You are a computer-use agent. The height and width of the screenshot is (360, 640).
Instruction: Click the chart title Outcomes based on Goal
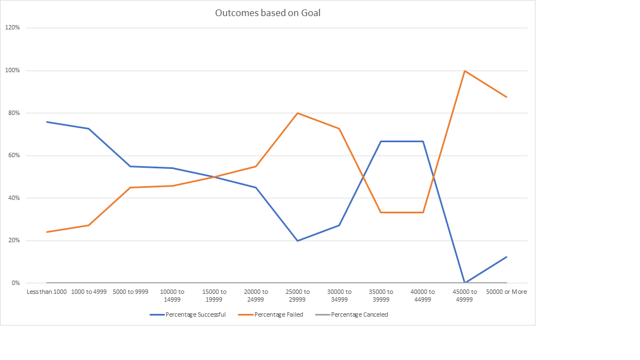pyautogui.click(x=267, y=13)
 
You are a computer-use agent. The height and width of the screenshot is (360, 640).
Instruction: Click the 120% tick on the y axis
pyautogui.click(x=12, y=28)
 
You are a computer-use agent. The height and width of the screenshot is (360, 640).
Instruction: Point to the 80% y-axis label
pyautogui.click(x=13, y=113)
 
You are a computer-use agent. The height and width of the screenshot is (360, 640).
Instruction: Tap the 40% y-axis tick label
pyautogui.click(x=13, y=198)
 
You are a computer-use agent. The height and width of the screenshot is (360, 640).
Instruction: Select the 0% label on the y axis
pyautogui.click(x=15, y=283)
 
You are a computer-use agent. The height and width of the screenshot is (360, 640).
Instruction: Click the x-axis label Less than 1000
pyautogui.click(x=47, y=292)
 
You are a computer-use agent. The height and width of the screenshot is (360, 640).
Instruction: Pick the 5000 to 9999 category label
pyautogui.click(x=130, y=292)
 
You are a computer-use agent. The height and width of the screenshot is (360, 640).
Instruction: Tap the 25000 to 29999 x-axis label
pyautogui.click(x=297, y=296)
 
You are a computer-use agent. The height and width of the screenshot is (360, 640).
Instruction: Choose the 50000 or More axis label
pyautogui.click(x=506, y=292)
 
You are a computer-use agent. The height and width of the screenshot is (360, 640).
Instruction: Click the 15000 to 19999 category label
pyautogui.click(x=214, y=296)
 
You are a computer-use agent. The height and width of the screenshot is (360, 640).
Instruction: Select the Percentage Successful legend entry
pyautogui.click(x=188, y=314)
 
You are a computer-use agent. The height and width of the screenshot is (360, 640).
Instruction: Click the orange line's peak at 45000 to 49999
pyautogui.click(x=464, y=71)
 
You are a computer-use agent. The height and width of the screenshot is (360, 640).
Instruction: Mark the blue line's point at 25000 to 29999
pyautogui.click(x=297, y=241)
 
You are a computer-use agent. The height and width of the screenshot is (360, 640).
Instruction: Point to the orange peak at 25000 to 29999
pyautogui.click(x=297, y=113)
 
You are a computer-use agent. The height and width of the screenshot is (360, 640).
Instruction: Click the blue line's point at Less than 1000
pyautogui.click(x=47, y=122)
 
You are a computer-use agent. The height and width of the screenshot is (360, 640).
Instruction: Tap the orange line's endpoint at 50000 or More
pyautogui.click(x=506, y=97)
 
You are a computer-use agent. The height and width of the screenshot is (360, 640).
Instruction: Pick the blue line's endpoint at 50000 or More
pyautogui.click(x=506, y=257)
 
